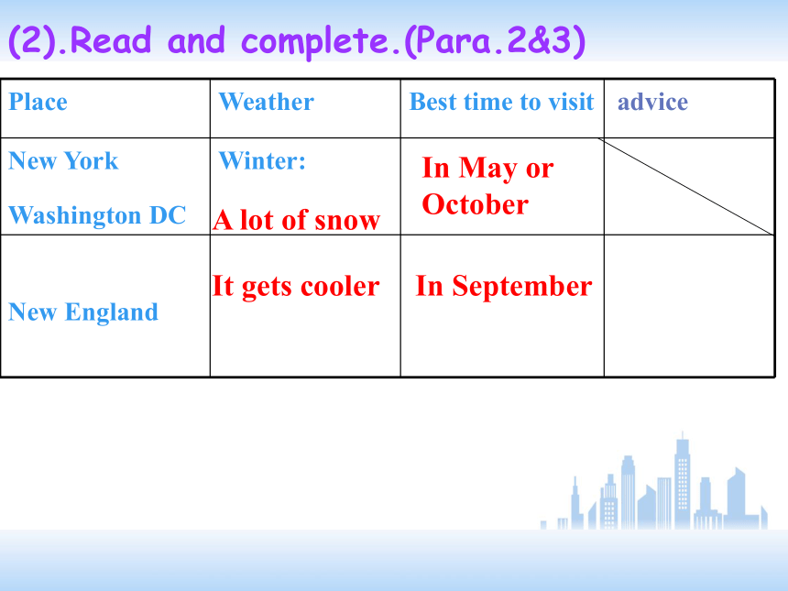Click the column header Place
click(x=38, y=102)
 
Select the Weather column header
click(x=267, y=102)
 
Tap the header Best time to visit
click(x=501, y=102)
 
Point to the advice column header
click(x=652, y=102)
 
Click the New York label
click(x=63, y=161)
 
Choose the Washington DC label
click(x=97, y=215)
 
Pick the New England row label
click(x=83, y=312)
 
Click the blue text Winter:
click(x=262, y=161)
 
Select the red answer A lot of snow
click(x=297, y=220)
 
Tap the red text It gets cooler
click(x=295, y=287)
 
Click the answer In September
click(x=504, y=287)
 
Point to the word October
click(x=476, y=204)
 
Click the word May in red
click(x=488, y=169)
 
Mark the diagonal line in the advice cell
click(x=686, y=186)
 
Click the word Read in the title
click(x=111, y=40)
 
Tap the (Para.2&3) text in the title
click(x=496, y=41)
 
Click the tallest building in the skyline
click(x=682, y=480)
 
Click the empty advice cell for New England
click(x=689, y=305)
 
